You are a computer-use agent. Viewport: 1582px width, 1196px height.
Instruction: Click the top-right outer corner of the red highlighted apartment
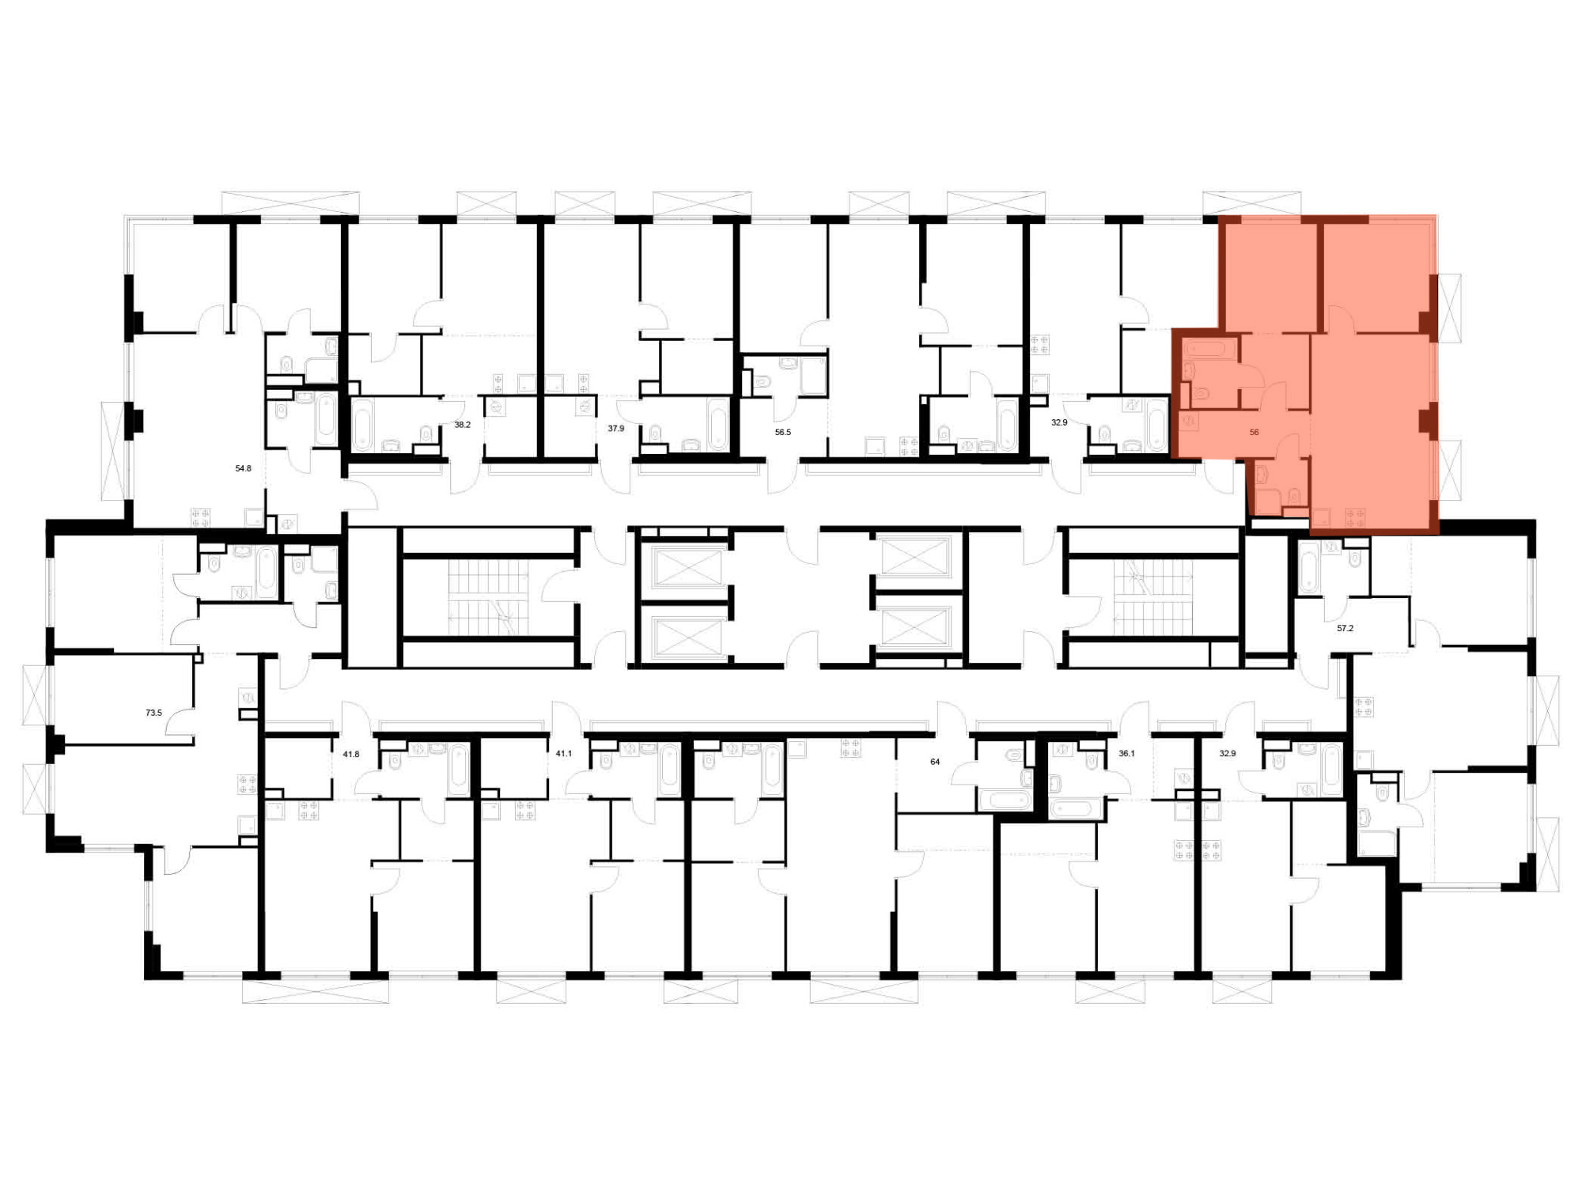click(1436, 215)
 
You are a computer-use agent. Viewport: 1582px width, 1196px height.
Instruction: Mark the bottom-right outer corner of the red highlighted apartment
click(1438, 534)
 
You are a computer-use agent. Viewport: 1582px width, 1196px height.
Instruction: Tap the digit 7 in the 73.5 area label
click(148, 713)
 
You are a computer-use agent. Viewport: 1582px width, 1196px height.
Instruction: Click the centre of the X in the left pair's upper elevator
click(687, 567)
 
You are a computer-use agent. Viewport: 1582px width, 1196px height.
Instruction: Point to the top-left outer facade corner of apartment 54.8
click(125, 216)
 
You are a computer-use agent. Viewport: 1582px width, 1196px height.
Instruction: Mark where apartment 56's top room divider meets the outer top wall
click(1319, 219)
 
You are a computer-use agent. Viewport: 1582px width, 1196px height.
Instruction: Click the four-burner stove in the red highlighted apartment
click(1355, 518)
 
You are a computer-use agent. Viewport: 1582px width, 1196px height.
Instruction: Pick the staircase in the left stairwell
click(488, 598)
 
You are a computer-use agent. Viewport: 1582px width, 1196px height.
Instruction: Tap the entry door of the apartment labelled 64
click(952, 717)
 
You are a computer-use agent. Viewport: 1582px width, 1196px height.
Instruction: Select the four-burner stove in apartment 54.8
click(201, 518)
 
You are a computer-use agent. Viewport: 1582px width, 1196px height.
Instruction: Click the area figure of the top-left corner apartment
click(243, 468)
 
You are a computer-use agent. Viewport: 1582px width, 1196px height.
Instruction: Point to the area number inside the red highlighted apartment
click(1254, 432)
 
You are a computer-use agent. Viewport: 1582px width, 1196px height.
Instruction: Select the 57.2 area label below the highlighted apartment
click(1345, 628)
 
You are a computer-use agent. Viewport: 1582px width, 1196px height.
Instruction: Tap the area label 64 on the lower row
click(935, 762)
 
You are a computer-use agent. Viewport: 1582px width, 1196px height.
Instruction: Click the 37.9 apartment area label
click(615, 428)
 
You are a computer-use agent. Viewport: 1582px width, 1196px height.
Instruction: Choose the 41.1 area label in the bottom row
click(563, 754)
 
